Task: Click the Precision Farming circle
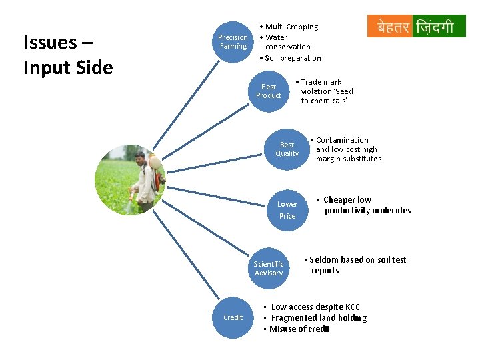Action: tap(233, 42)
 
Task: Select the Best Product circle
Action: tap(269, 91)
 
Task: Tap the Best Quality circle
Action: tap(287, 149)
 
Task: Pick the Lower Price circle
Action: tap(287, 209)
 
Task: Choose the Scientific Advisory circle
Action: tap(269, 268)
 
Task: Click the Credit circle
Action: tap(233, 317)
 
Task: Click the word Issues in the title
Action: tap(49, 43)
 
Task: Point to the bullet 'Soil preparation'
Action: tap(293, 58)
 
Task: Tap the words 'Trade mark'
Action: tap(321, 82)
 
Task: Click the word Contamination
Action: tap(342, 140)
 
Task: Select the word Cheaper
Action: tap(339, 200)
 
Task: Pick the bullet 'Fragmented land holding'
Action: tap(319, 318)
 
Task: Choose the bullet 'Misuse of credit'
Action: tap(300, 329)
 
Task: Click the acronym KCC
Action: tap(353, 307)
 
